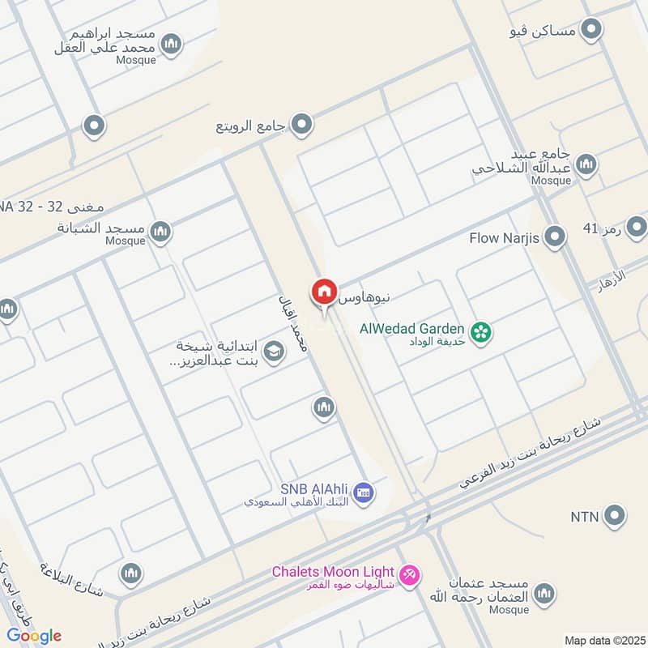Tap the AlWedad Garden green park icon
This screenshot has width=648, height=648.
[482, 331]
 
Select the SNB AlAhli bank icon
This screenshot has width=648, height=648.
[364, 492]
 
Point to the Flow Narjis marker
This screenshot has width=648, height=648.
[555, 237]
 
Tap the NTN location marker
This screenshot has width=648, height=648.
[615, 515]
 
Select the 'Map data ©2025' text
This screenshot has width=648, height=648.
[603, 640]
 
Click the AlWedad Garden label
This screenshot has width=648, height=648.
[412, 329]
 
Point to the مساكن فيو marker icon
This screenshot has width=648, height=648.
[593, 30]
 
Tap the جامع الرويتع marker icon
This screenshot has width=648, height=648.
[303, 124]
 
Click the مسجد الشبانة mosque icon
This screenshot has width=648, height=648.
[162, 232]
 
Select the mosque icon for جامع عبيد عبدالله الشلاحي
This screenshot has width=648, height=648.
[586, 164]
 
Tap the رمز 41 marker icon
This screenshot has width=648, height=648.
[637, 226]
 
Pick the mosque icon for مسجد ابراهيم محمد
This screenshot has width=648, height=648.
[171, 44]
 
